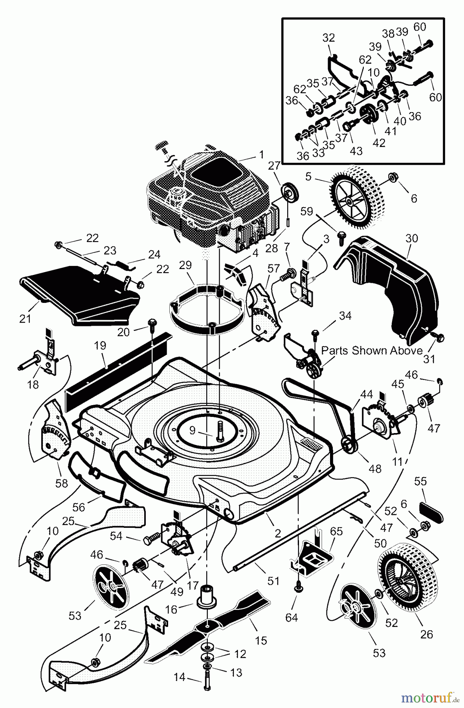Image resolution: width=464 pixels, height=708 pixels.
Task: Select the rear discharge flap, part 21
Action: pos(79,291)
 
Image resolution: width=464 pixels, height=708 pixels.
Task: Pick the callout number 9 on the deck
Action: pos(192,430)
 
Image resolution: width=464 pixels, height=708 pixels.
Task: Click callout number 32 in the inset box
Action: pos(329,38)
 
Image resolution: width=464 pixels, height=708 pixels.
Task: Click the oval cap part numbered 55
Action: pos(431,509)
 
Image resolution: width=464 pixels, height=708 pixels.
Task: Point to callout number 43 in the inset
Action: pos(356,151)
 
